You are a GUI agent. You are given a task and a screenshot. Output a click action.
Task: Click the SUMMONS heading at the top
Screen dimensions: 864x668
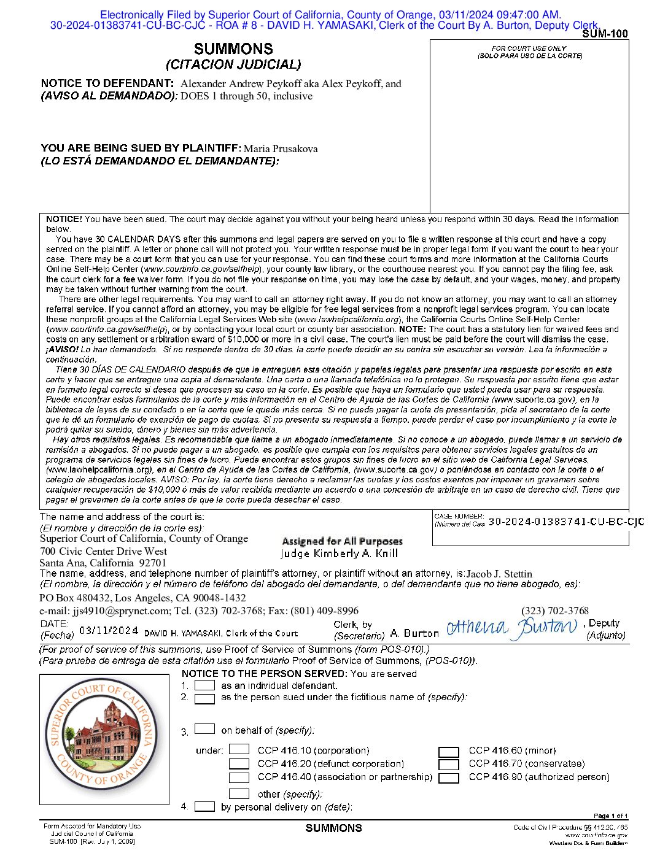(233, 49)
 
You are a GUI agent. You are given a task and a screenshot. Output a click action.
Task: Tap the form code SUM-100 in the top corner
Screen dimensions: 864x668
(605, 34)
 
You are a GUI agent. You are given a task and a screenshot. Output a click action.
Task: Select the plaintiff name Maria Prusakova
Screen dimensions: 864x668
(281, 148)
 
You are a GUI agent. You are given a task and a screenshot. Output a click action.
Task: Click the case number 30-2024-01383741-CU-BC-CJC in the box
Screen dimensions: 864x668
(566, 522)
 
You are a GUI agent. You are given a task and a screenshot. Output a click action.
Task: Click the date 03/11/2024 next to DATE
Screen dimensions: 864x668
(109, 630)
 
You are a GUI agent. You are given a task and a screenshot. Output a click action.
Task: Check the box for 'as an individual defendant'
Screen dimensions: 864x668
(204, 685)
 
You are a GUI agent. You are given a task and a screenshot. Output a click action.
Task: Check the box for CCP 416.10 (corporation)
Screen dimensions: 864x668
(239, 750)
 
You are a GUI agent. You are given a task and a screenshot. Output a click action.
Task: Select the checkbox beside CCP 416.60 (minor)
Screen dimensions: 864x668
(449, 752)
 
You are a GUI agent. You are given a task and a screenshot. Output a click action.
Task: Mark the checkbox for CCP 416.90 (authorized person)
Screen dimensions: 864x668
(449, 778)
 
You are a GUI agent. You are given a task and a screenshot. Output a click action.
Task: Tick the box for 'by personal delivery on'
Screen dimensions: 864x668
(204, 806)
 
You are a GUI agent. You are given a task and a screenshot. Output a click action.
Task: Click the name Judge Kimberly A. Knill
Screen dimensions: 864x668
(340, 553)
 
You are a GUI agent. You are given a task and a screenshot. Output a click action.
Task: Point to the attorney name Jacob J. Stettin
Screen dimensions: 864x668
(499, 574)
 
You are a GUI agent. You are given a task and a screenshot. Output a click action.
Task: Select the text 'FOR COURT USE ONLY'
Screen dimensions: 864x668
(529, 48)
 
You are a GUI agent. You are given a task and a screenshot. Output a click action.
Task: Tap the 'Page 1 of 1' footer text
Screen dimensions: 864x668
(610, 816)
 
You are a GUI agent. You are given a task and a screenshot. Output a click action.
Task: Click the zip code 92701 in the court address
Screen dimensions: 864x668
(152, 563)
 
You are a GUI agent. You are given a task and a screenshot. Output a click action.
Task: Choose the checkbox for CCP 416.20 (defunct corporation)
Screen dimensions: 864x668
(239, 763)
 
